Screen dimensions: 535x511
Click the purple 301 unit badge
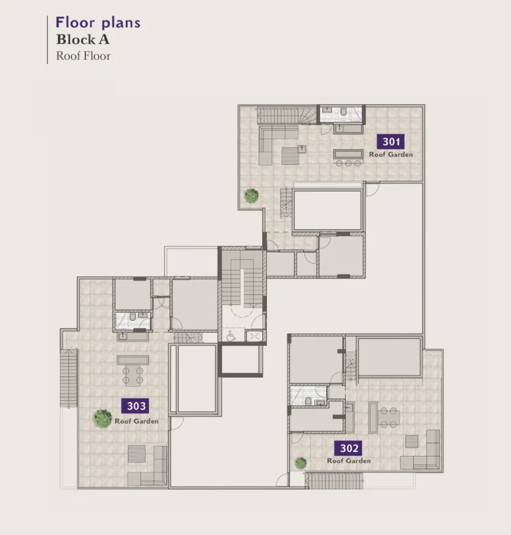391,142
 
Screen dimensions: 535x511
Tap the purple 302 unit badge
349,448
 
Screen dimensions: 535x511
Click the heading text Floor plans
98,23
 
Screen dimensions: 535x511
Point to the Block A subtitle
83,40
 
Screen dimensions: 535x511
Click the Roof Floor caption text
83,56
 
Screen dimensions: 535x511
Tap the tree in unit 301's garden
251,195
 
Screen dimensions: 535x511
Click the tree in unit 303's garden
102,418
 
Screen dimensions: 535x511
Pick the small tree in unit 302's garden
301,463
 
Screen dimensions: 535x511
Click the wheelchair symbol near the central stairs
231,336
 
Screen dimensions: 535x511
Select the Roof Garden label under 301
391,155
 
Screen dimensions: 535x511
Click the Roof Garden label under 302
349,461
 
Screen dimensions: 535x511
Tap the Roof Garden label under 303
136,421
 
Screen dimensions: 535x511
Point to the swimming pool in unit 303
194,379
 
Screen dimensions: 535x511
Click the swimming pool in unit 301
327,210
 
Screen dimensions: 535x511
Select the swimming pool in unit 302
389,357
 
